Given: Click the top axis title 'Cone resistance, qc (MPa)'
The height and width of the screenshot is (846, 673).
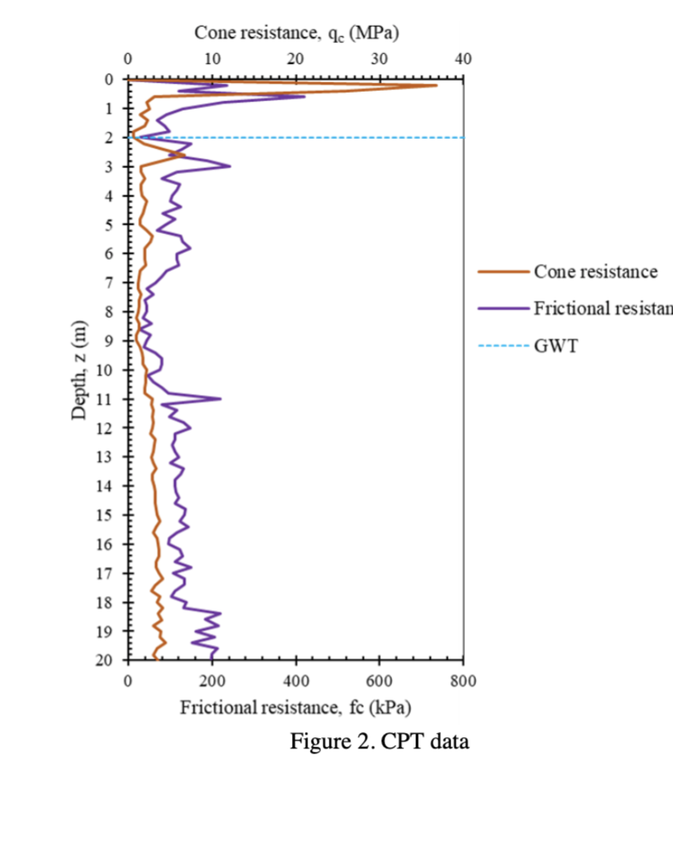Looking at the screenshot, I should (x=296, y=33).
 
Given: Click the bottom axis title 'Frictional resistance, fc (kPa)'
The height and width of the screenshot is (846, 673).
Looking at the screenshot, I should (x=295, y=707).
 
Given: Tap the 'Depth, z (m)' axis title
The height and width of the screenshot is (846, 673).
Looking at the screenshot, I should (x=80, y=369).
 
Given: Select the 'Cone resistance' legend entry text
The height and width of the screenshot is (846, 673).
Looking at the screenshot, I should (x=596, y=271).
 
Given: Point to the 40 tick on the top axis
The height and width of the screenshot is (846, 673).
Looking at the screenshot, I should (x=463, y=60).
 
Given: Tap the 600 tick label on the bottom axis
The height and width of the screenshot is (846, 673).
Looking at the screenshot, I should (x=379, y=682).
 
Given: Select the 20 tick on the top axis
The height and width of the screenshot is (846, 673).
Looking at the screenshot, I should (x=295, y=60).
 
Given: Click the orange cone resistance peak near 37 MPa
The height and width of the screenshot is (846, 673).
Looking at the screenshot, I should (x=436, y=85).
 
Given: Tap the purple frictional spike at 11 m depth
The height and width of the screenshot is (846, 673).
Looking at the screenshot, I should (x=220, y=399).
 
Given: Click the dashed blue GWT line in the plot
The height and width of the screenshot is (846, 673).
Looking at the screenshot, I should (x=342, y=137).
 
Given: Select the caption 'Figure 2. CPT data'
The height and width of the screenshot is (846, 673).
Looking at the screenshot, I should (x=379, y=741).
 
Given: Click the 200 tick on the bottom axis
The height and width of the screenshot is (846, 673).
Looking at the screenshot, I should (x=211, y=682).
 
